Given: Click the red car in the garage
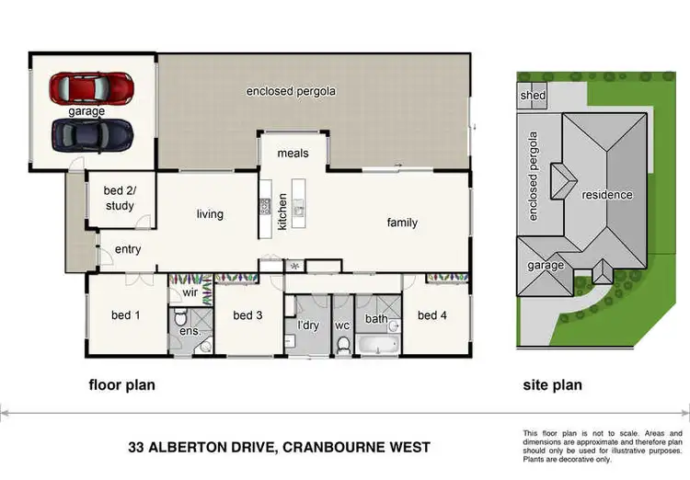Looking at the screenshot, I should tap(92, 88).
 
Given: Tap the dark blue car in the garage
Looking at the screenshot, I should tap(92, 134).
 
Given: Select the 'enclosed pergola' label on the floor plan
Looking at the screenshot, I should tap(290, 91).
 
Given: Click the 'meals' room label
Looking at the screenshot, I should tap(293, 153).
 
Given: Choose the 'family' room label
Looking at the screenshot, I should tap(402, 223).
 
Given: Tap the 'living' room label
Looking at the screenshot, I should tap(210, 214).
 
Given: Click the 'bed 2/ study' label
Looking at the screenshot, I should tap(120, 199).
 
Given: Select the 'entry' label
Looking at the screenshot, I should tap(128, 249).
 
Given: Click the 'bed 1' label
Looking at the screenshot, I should tap(126, 315).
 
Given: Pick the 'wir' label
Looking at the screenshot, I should tap(190, 293).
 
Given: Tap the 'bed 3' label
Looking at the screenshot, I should tap(247, 315).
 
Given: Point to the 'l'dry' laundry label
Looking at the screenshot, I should tap(307, 325).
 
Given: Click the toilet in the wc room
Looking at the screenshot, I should tap(344, 346).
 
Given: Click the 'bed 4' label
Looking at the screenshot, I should tap(431, 315).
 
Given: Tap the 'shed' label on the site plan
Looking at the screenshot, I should tap(533, 96).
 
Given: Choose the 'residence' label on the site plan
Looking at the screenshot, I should tap(606, 195).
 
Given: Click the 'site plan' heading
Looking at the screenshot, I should tap(552, 385).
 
